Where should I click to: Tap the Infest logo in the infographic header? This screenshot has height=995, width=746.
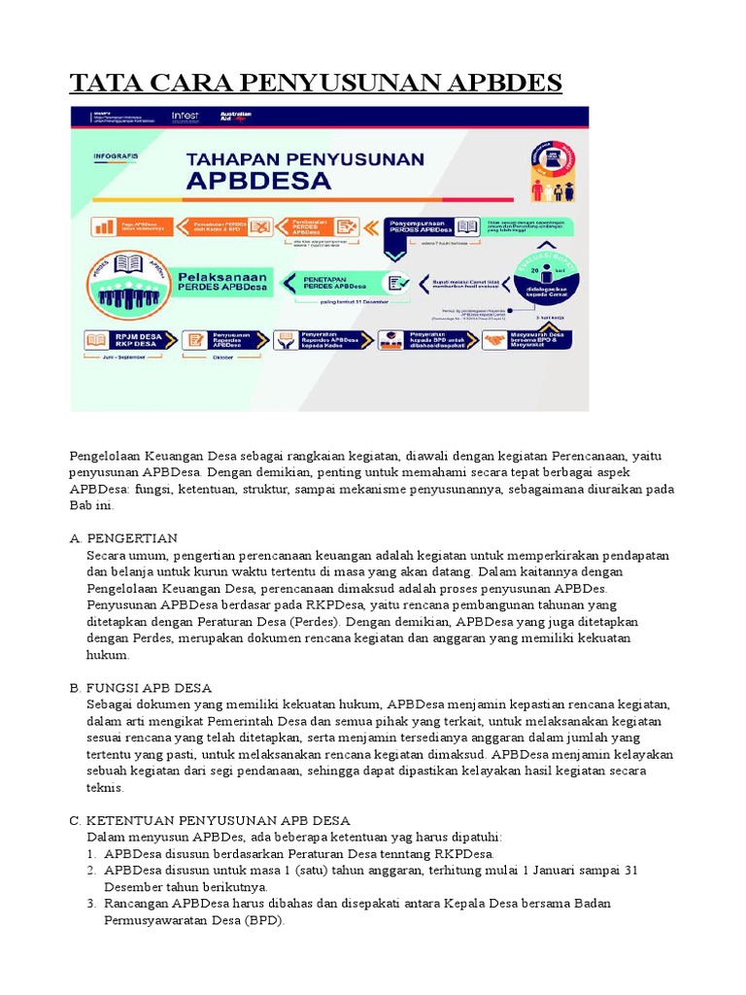click(185, 117)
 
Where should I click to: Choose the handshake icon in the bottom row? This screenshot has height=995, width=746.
click(492, 340)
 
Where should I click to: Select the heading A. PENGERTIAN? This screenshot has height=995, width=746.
click(123, 538)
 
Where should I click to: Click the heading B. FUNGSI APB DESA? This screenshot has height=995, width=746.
click(140, 687)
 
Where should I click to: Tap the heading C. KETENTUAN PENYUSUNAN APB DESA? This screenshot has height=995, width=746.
click(210, 820)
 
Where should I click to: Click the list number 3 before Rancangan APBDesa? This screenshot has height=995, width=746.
click(92, 904)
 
